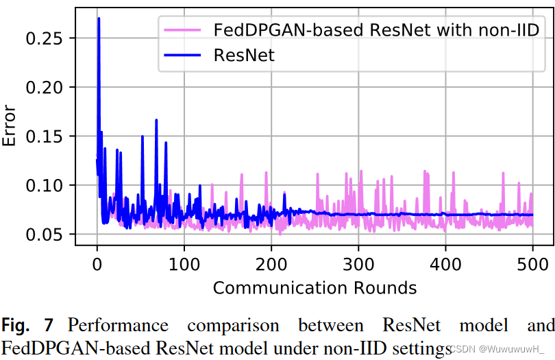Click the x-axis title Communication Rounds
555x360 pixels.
pyautogui.click(x=314, y=287)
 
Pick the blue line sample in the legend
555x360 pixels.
pyautogui.click(x=182, y=56)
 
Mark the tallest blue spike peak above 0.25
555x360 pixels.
pyautogui.click(x=99, y=19)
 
